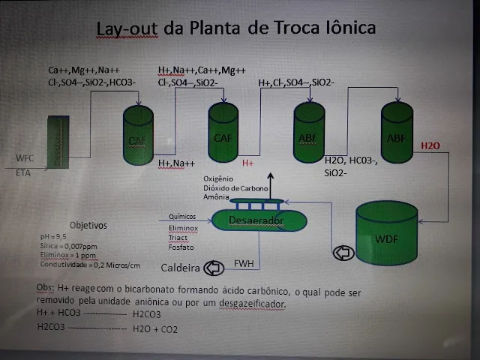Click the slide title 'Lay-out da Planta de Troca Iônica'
coord(236,29)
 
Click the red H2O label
coord(430,145)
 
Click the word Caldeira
coord(181,268)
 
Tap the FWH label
coord(244,263)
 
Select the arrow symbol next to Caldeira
coord(214,267)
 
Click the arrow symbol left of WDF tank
coord(343,253)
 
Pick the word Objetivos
coord(88,224)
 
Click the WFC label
coord(25,158)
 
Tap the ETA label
coord(23,172)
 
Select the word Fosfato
coord(182,247)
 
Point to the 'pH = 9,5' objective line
coord(52,236)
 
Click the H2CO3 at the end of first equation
coord(146,315)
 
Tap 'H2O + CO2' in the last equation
coord(155,329)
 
